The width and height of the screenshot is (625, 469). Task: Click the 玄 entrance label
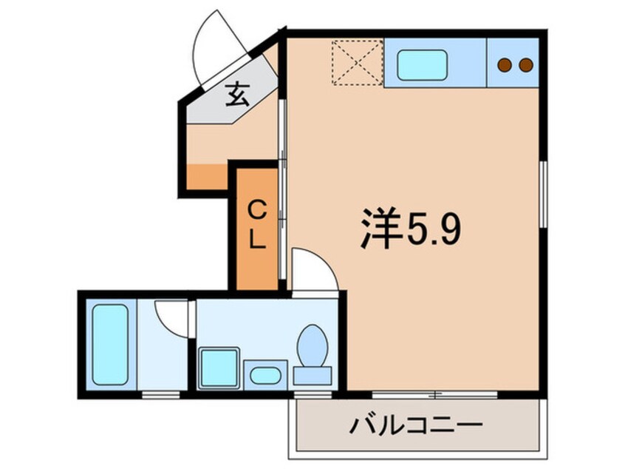(236, 95)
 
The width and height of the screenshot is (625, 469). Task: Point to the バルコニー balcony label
(417, 427)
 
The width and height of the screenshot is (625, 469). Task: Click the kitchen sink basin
(423, 66)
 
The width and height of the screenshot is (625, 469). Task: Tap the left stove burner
(505, 65)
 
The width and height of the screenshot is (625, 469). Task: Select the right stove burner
(526, 65)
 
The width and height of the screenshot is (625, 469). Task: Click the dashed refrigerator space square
(356, 62)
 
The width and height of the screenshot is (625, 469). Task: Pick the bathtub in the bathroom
(110, 343)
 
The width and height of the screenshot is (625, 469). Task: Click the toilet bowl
(312, 343)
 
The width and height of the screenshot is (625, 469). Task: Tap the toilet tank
(312, 375)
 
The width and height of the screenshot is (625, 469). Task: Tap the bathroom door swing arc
(170, 317)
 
